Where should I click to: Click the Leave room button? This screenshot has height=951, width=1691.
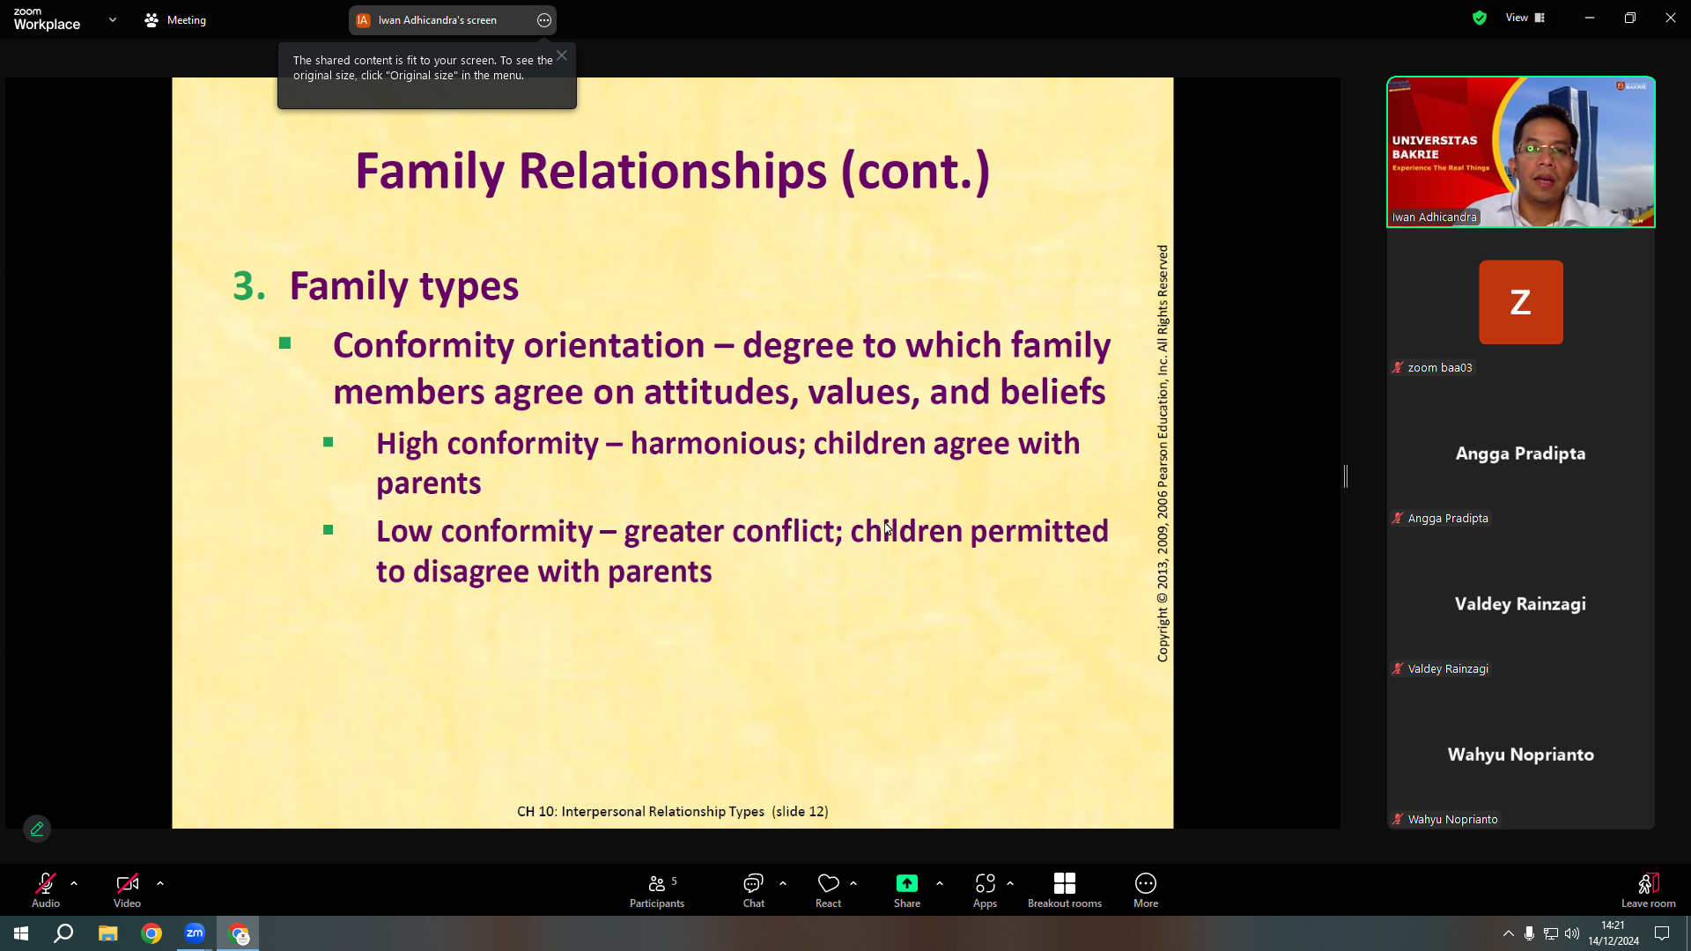(x=1648, y=889)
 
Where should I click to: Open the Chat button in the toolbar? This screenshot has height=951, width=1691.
(x=753, y=889)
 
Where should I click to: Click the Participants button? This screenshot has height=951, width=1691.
(x=657, y=889)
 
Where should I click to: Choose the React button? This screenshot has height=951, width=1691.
(x=828, y=889)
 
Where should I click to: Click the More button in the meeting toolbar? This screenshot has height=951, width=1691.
(x=1145, y=889)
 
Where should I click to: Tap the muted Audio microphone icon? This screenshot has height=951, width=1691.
(x=46, y=883)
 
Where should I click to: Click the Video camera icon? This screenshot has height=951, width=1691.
(x=127, y=883)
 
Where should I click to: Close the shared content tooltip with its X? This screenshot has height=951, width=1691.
(x=562, y=55)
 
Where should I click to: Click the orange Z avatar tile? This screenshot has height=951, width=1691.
(x=1521, y=302)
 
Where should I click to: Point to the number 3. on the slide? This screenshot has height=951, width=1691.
(x=249, y=286)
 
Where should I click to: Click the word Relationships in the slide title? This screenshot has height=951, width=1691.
(x=673, y=171)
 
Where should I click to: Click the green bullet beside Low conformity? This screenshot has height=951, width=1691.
(x=329, y=530)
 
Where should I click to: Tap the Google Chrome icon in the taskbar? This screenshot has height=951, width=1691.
(x=151, y=933)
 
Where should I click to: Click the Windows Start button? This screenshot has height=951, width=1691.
(x=21, y=933)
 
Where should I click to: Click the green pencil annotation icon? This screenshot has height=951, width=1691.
(x=37, y=829)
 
